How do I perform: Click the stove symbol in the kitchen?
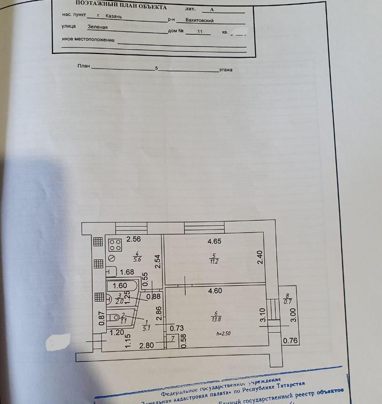point(115,245)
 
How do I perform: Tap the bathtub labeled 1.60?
point(121,286)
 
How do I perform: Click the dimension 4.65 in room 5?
point(214,242)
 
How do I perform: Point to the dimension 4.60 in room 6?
point(214,291)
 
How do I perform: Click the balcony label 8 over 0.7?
point(288,299)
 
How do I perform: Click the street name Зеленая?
point(97,27)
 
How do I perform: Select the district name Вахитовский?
point(199,21)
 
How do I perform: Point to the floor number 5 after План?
point(156,69)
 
